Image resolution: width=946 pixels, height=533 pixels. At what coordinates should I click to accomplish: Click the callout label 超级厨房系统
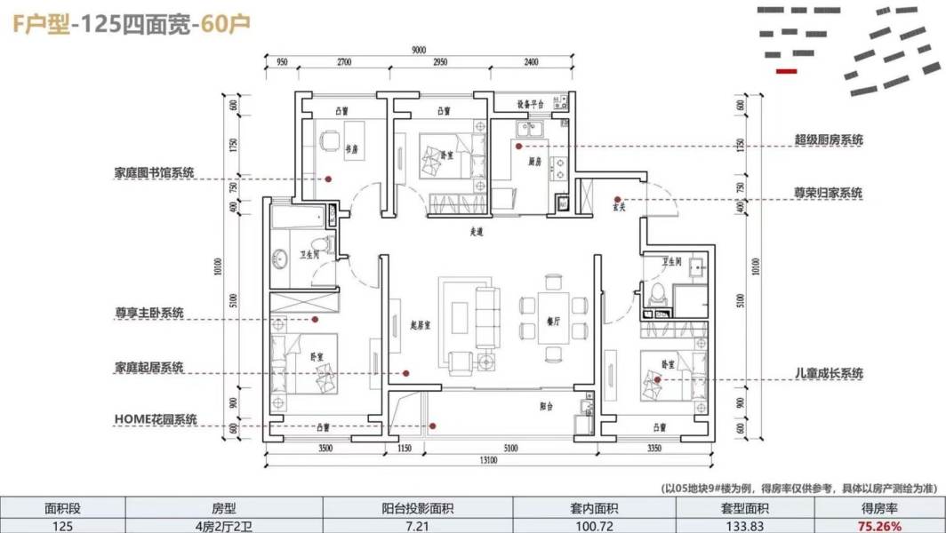pyautogui.click(x=828, y=140)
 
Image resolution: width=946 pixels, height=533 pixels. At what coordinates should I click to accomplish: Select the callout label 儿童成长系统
pyautogui.click(x=828, y=374)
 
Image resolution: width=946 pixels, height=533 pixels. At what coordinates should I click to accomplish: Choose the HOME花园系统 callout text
pyautogui.click(x=156, y=419)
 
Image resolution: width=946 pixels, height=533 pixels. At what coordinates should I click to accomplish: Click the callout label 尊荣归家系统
pyautogui.click(x=828, y=192)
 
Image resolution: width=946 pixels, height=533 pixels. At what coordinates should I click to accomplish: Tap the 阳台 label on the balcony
pyautogui.click(x=546, y=406)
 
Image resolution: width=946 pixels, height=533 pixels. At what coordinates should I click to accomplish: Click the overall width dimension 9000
pyautogui.click(x=418, y=50)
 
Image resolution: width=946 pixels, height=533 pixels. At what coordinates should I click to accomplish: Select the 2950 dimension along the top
pyautogui.click(x=440, y=63)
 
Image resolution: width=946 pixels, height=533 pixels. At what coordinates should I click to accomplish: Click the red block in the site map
pyautogui.click(x=787, y=70)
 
